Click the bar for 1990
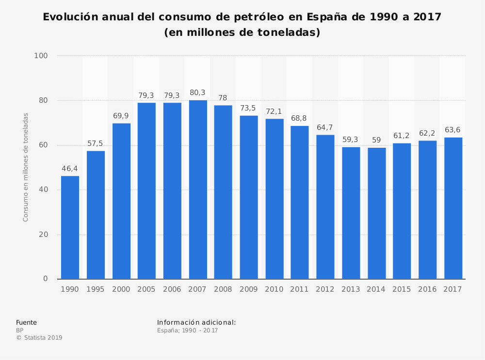click(70, 227)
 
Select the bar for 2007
click(198, 189)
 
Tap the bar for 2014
click(376, 213)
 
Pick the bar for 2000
click(121, 201)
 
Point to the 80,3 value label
click(198, 93)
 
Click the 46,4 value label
click(70, 169)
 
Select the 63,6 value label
click(453, 130)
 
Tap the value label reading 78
click(223, 98)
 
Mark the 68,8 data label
click(300, 118)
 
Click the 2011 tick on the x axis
click(300, 289)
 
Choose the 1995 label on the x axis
click(96, 289)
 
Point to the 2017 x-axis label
click(453, 289)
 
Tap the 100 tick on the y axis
click(41, 56)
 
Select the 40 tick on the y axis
click(44, 190)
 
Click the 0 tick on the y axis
click(46, 279)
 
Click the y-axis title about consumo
click(26, 167)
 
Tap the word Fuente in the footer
click(26, 323)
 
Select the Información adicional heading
click(196, 322)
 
